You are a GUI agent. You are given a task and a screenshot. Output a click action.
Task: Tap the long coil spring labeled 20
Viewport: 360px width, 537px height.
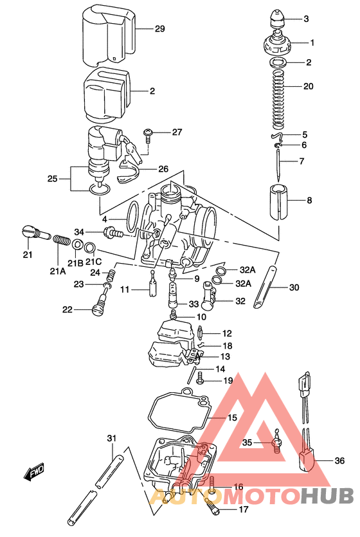278,96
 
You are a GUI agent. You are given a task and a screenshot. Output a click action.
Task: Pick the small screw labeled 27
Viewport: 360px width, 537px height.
149,133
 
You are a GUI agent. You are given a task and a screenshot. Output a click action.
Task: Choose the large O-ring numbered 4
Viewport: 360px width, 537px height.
132,217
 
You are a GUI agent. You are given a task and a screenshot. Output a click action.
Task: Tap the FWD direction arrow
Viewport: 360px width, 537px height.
33,474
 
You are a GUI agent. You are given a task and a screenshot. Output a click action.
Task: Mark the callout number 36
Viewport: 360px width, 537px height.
340,460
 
